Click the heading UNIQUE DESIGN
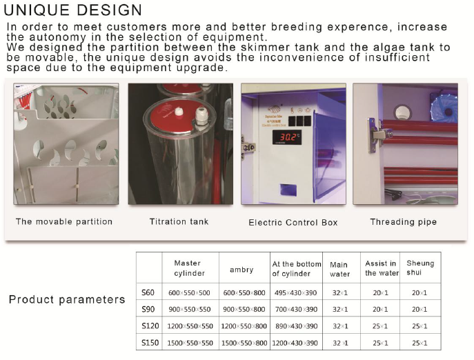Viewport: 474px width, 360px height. [x=72, y=10]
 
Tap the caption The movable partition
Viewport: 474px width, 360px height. [x=64, y=221]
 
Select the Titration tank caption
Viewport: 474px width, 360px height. [x=179, y=221]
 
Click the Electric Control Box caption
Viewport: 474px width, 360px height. [x=293, y=223]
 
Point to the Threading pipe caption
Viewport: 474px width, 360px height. [x=403, y=222]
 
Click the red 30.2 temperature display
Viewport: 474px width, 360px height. [x=287, y=137]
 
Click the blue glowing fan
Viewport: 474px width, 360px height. [x=444, y=110]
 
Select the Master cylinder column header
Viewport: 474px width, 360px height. [x=189, y=268]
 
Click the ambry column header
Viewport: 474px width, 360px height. [x=241, y=270]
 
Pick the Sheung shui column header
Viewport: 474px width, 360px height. [x=420, y=268]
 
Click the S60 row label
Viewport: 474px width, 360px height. [x=148, y=292]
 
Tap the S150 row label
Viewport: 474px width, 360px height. [x=150, y=343]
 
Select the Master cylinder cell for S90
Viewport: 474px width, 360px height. [x=190, y=310]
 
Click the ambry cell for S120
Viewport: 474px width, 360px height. [x=244, y=326]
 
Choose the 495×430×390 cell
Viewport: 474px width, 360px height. [x=295, y=292]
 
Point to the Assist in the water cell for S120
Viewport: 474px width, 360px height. [x=380, y=326]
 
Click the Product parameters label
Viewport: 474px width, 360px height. [x=67, y=299]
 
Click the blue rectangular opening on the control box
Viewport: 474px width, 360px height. [x=288, y=190]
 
